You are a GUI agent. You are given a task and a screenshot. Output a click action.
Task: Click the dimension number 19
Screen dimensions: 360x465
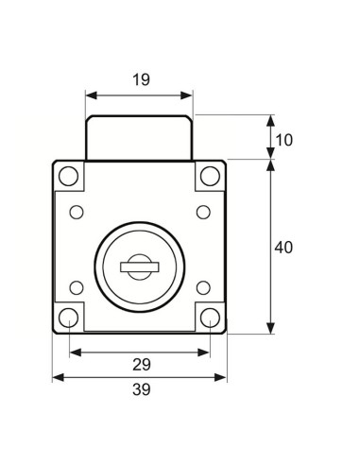pyautogui.click(x=141, y=79)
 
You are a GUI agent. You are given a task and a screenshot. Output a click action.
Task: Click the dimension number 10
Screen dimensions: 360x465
pyautogui.click(x=283, y=140)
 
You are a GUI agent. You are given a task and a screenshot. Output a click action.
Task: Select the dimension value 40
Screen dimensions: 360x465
pyautogui.click(x=283, y=248)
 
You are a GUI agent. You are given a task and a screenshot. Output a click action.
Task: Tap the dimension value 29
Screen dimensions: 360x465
pyautogui.click(x=142, y=365)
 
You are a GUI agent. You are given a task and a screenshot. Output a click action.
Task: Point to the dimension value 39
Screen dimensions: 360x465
pyautogui.click(x=142, y=389)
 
